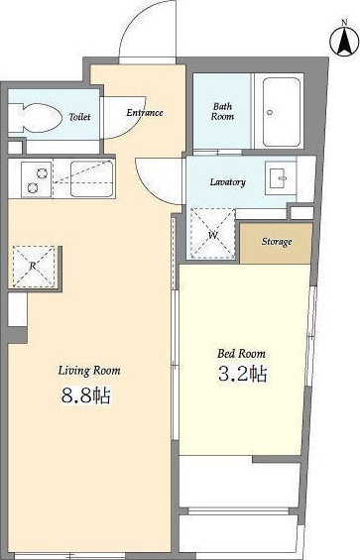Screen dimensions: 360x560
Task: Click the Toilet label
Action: (79, 116)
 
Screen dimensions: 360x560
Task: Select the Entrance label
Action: (145, 113)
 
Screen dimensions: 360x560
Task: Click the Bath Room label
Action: (222, 111)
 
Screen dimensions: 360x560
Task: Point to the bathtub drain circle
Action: (270, 112)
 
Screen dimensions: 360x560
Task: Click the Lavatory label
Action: (228, 182)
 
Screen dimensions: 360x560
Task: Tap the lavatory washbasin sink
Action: (281, 177)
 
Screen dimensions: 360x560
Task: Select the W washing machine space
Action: (212, 234)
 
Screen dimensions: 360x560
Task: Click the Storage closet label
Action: (277, 242)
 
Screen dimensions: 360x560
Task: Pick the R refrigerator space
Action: (34, 266)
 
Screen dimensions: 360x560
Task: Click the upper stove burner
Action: (43, 172)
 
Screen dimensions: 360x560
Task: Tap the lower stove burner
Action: (32, 186)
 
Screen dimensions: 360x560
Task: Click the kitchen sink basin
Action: (92, 178)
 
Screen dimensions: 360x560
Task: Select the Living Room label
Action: (89, 371)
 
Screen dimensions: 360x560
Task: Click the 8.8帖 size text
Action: (86, 395)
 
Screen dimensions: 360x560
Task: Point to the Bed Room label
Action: (242, 354)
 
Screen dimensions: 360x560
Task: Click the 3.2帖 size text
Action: (243, 374)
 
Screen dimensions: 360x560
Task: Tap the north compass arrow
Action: (344, 42)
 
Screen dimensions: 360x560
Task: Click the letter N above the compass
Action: (344, 22)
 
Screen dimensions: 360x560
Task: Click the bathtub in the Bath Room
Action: (282, 112)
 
